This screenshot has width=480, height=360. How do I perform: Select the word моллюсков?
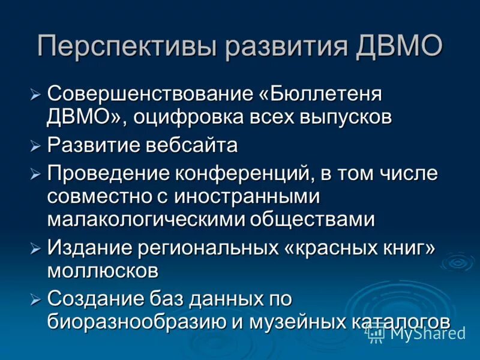coord(103,269)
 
